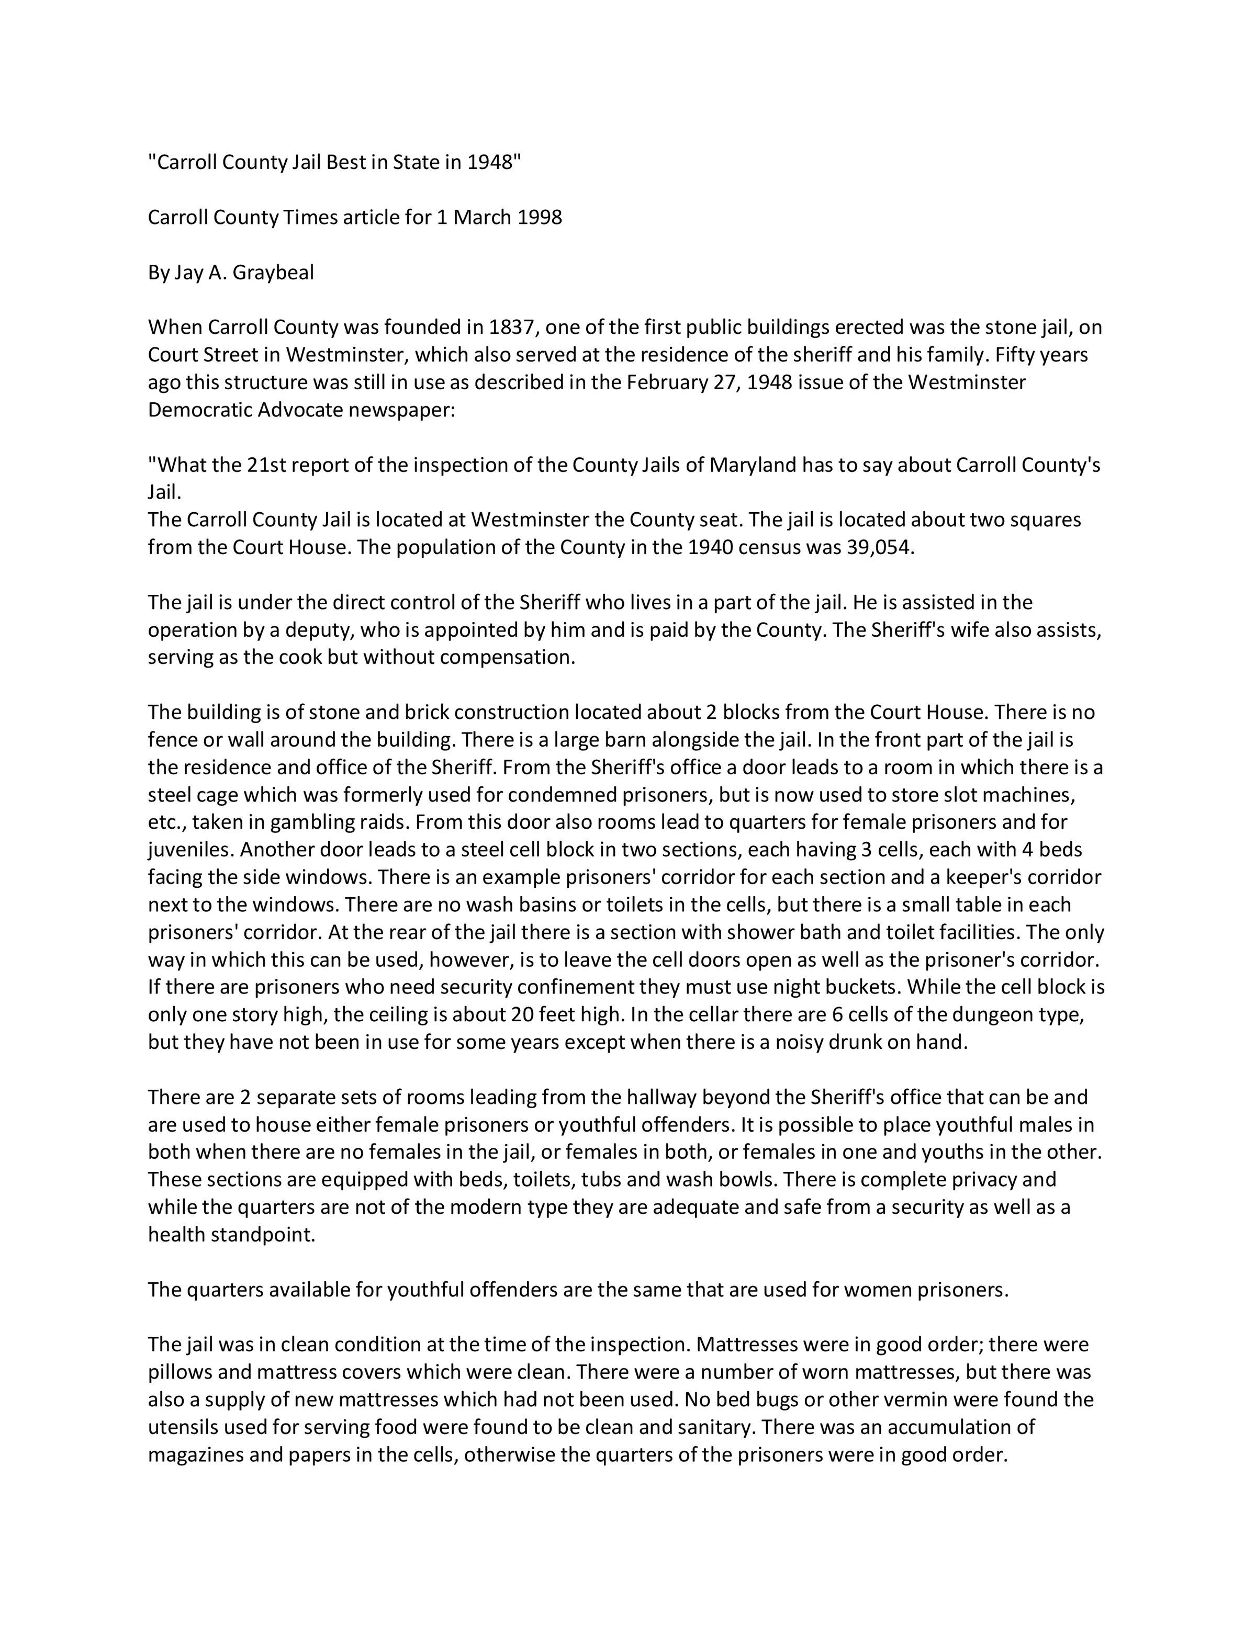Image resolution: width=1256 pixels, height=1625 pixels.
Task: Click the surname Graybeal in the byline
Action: click(x=273, y=273)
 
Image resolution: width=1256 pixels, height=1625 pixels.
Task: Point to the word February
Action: click(x=669, y=382)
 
